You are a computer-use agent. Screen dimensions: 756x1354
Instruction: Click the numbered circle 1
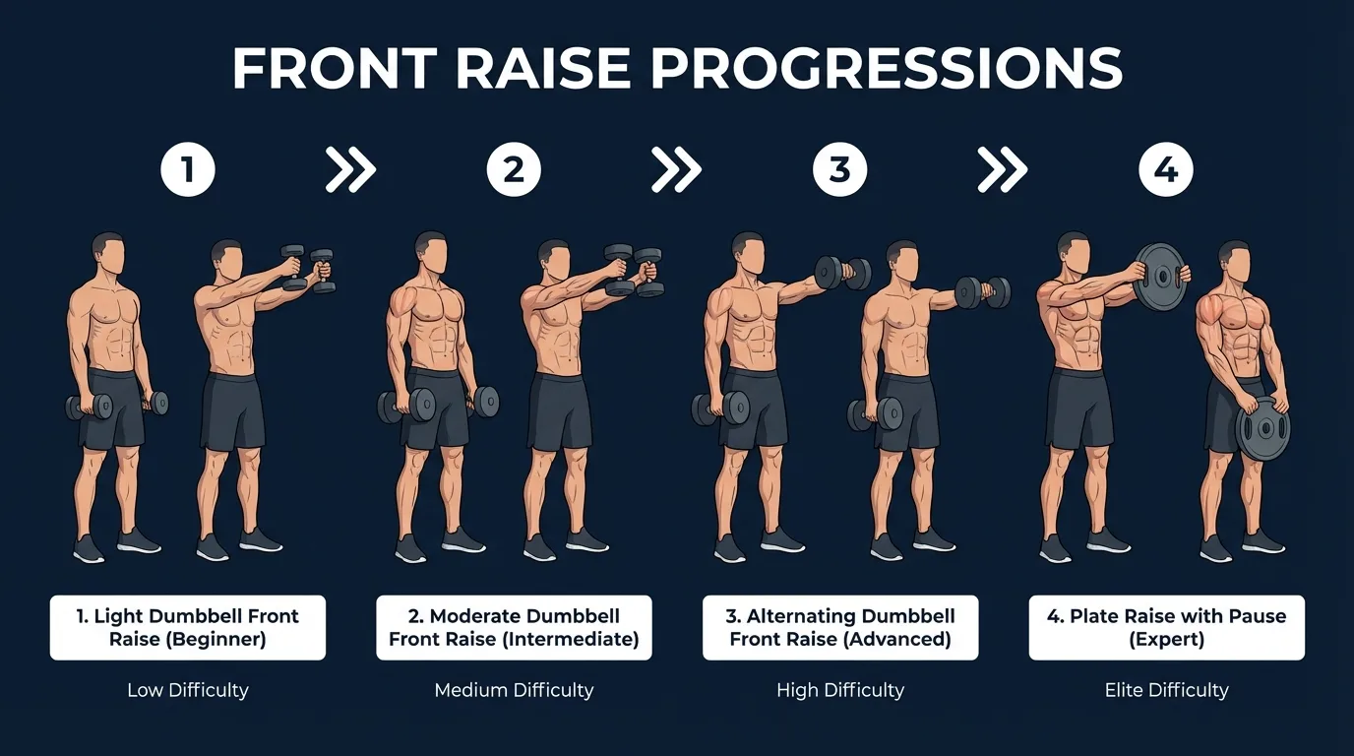click(187, 171)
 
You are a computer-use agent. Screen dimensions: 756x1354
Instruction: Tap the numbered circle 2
click(514, 171)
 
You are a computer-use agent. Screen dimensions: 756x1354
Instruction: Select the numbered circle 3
click(839, 171)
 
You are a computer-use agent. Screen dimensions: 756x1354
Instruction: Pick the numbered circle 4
click(1166, 171)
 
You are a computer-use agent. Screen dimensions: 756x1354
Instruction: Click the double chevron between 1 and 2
click(350, 171)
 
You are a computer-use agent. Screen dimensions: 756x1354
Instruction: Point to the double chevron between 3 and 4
click(1002, 171)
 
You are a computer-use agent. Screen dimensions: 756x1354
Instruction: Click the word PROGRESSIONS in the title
click(886, 69)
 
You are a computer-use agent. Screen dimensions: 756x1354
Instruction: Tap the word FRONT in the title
click(334, 69)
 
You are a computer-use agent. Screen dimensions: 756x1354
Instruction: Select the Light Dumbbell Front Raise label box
click(187, 627)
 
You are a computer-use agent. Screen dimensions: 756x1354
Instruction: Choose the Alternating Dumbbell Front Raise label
click(839, 627)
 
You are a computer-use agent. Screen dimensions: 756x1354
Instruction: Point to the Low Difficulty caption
click(187, 690)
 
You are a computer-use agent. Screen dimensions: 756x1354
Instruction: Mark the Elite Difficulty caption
click(1166, 690)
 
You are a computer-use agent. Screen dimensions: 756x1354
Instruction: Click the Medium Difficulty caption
click(514, 690)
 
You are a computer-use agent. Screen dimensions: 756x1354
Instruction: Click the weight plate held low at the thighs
click(1262, 431)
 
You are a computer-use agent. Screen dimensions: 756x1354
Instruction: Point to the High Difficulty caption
click(839, 690)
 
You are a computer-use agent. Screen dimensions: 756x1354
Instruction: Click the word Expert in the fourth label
click(1166, 640)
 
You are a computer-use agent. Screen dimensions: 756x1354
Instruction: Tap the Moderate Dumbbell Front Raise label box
click(514, 627)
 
